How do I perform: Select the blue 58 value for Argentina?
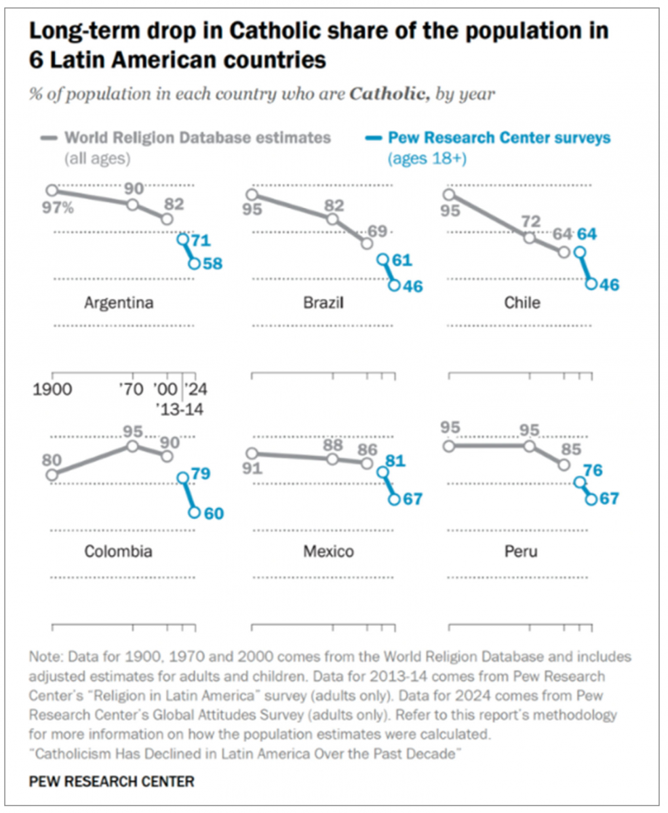pyautogui.click(x=212, y=264)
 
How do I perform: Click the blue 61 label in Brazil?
pyautogui.click(x=402, y=260)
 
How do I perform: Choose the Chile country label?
pyautogui.click(x=522, y=303)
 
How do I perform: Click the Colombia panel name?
pyautogui.click(x=118, y=551)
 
